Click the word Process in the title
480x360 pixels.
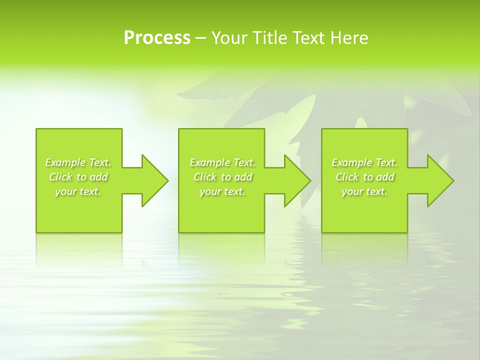(157, 38)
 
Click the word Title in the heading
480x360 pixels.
(270, 38)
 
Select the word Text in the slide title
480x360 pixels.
(308, 38)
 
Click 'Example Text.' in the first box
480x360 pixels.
(78, 162)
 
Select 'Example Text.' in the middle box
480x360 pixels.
(222, 162)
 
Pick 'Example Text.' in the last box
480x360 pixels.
(364, 162)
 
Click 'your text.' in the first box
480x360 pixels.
(78, 191)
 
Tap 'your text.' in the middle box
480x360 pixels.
(222, 191)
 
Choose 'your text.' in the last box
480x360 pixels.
(364, 191)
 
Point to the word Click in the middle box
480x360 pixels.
(205, 177)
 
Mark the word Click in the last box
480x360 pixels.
(347, 177)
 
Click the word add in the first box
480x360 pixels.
(99, 177)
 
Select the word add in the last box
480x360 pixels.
(385, 177)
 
